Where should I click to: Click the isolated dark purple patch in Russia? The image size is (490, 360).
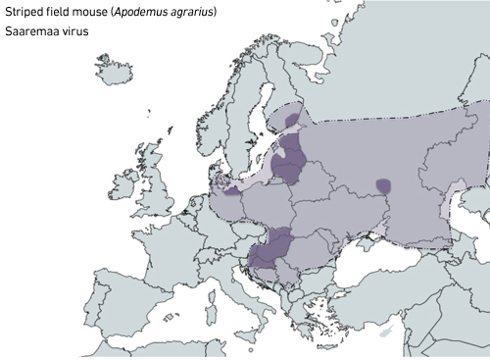(385, 184)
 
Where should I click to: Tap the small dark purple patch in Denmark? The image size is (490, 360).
(232, 191)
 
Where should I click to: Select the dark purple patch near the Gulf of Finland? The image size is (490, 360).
(292, 120)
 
